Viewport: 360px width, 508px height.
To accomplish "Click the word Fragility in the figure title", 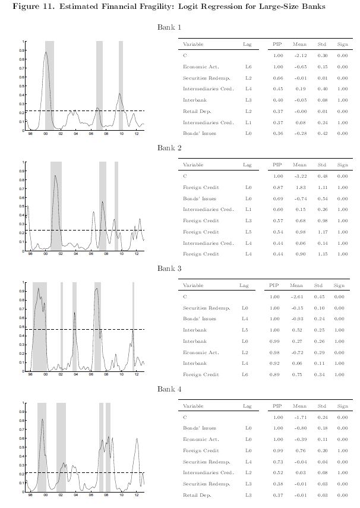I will [x=131, y=7].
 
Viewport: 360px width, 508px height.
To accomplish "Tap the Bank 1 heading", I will [x=169, y=27].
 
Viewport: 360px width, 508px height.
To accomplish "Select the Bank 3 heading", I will [x=169, y=269].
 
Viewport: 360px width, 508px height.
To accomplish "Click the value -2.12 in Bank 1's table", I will [x=299, y=55].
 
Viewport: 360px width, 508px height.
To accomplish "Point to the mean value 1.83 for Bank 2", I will [x=299, y=187].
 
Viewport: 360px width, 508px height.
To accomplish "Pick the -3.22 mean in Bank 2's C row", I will [x=299, y=176].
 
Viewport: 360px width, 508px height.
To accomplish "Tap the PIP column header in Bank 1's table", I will [x=277, y=45].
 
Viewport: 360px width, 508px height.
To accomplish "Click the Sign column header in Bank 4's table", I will [x=342, y=406].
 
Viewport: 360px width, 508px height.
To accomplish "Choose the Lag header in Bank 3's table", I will [x=244, y=285].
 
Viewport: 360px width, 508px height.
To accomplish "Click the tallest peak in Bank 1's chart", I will [x=46, y=52].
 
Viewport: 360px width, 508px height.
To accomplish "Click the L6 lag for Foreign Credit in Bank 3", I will [x=244, y=374].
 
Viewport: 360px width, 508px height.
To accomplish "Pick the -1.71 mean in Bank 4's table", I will [x=299, y=417].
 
